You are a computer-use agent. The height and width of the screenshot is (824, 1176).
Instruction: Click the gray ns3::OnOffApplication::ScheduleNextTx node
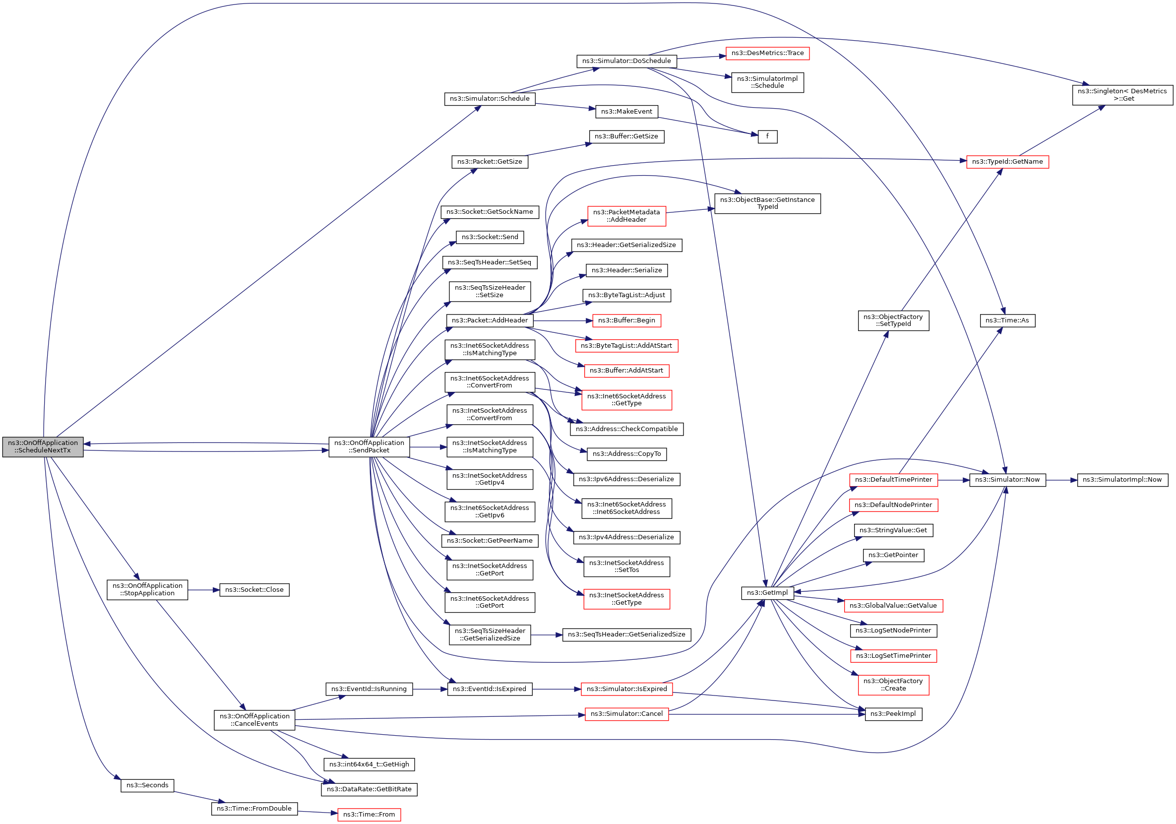click(x=43, y=446)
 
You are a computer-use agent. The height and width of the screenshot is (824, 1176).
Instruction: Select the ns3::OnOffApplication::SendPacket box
click(x=369, y=446)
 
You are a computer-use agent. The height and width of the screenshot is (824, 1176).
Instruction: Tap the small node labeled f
click(x=767, y=137)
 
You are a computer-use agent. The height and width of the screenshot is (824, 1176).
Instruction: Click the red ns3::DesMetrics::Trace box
click(x=767, y=53)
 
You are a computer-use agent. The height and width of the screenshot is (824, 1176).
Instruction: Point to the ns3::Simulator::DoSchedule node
click(x=626, y=61)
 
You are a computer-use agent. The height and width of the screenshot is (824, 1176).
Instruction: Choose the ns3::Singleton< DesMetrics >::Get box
click(x=1122, y=95)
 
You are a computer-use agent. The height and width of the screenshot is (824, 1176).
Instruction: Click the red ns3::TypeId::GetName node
click(x=1007, y=162)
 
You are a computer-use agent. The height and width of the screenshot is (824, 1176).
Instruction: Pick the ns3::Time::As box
click(x=1007, y=321)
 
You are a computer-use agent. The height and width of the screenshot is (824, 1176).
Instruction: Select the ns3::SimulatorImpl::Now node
click(x=1122, y=480)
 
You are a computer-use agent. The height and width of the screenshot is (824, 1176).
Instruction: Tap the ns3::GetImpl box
click(x=767, y=593)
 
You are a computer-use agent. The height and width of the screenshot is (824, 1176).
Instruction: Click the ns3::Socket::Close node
click(x=254, y=590)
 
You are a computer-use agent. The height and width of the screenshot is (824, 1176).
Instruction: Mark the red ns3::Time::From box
click(x=369, y=815)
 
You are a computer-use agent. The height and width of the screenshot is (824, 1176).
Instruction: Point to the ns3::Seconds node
click(x=147, y=786)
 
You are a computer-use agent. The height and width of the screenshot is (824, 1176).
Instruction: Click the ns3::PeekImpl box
click(x=893, y=714)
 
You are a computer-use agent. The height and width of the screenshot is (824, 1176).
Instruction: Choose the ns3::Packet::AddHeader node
click(x=489, y=321)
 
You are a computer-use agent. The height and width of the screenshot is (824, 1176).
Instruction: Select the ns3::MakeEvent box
click(x=626, y=112)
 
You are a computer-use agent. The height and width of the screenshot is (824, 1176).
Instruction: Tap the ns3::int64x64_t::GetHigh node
click(x=369, y=764)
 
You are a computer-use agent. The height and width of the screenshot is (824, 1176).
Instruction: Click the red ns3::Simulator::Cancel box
click(x=626, y=714)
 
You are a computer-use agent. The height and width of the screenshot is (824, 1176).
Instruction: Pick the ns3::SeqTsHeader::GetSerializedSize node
click(x=626, y=634)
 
